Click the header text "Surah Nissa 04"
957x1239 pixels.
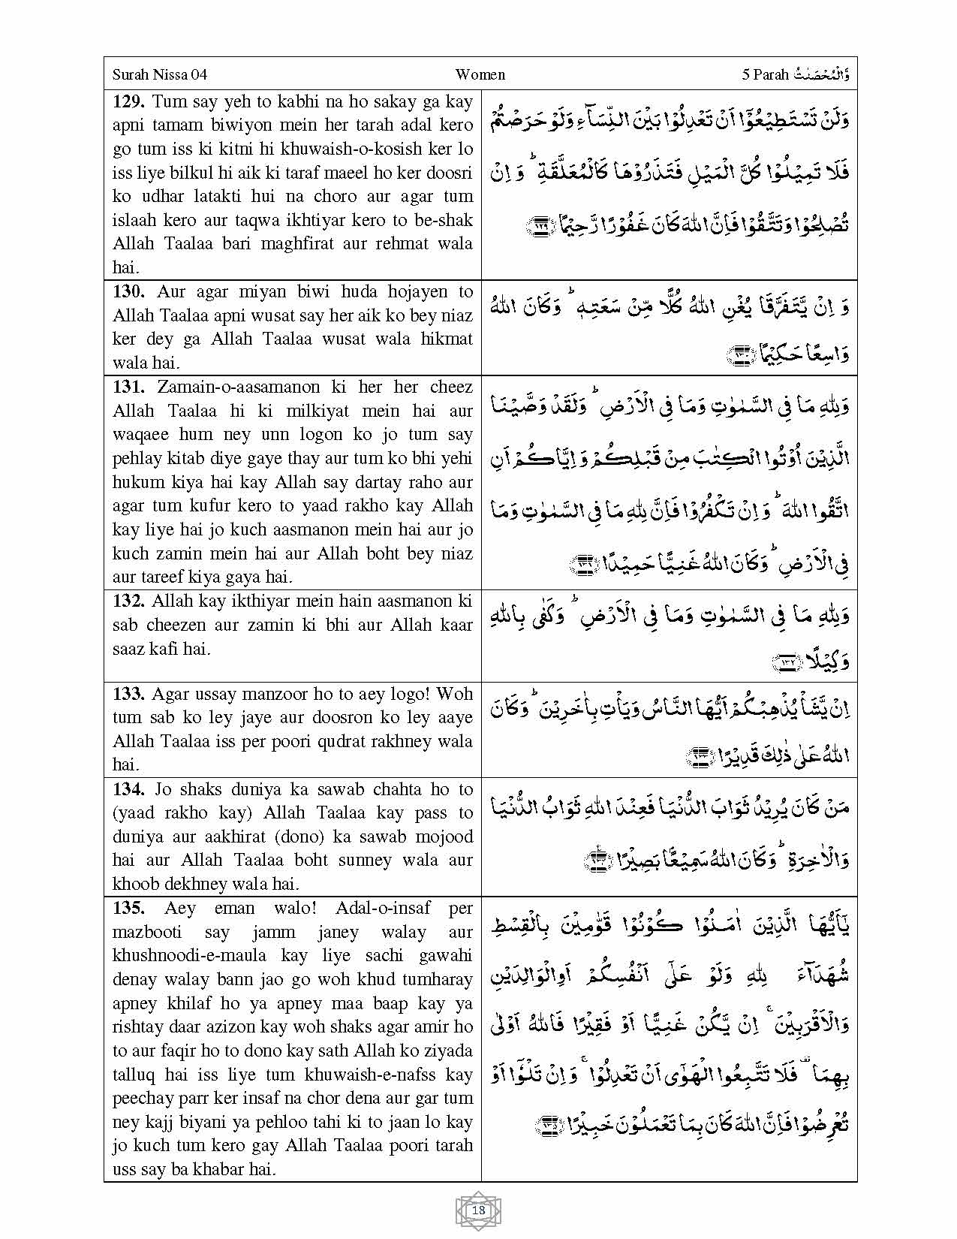[x=159, y=74]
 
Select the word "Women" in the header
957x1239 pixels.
[x=480, y=74]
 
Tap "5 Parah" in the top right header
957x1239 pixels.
[x=765, y=74]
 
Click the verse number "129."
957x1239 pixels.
[x=129, y=101]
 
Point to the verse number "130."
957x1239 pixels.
[x=129, y=291]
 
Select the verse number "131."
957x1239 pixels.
[x=129, y=387]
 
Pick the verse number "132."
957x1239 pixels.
[x=129, y=601]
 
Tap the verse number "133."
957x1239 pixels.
[x=129, y=694]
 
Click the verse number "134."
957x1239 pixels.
[x=129, y=789]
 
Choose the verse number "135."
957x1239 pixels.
[x=129, y=908]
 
